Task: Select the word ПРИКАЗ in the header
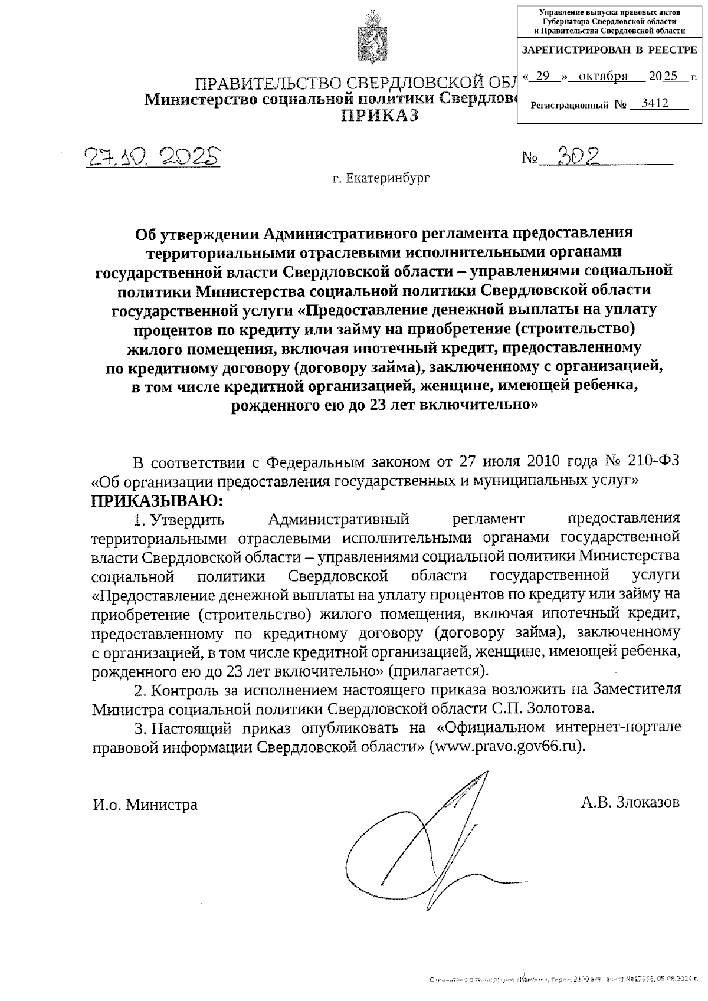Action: pyautogui.click(x=381, y=116)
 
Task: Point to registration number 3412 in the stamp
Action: pyautogui.click(x=654, y=104)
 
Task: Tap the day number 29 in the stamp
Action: pyautogui.click(x=542, y=76)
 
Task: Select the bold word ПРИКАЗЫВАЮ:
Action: pyautogui.click(x=158, y=502)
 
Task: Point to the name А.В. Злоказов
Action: pyautogui.click(x=630, y=802)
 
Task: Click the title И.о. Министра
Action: pyautogui.click(x=145, y=805)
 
